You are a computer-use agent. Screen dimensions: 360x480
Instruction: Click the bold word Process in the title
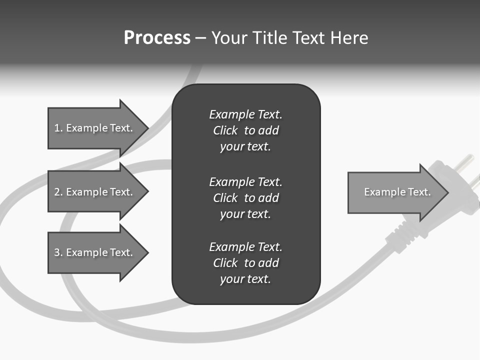click(x=157, y=38)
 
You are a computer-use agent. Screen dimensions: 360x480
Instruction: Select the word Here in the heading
click(x=349, y=38)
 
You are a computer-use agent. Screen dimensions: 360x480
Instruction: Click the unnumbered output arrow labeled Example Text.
click(x=397, y=192)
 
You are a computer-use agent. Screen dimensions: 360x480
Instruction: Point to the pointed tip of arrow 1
click(x=147, y=128)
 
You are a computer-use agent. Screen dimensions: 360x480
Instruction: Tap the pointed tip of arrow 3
click(x=147, y=252)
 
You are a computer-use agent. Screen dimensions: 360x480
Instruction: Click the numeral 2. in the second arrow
click(x=57, y=192)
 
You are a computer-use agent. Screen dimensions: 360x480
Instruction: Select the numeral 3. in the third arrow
click(x=57, y=252)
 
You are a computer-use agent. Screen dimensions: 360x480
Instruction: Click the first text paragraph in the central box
click(x=245, y=130)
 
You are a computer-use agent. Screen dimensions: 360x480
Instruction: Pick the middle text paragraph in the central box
click(x=245, y=198)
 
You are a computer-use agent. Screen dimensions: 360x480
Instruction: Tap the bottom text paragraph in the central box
click(x=245, y=263)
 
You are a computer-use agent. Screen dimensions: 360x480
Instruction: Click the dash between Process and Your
click(x=200, y=38)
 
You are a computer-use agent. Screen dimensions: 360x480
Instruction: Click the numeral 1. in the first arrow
click(x=57, y=128)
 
